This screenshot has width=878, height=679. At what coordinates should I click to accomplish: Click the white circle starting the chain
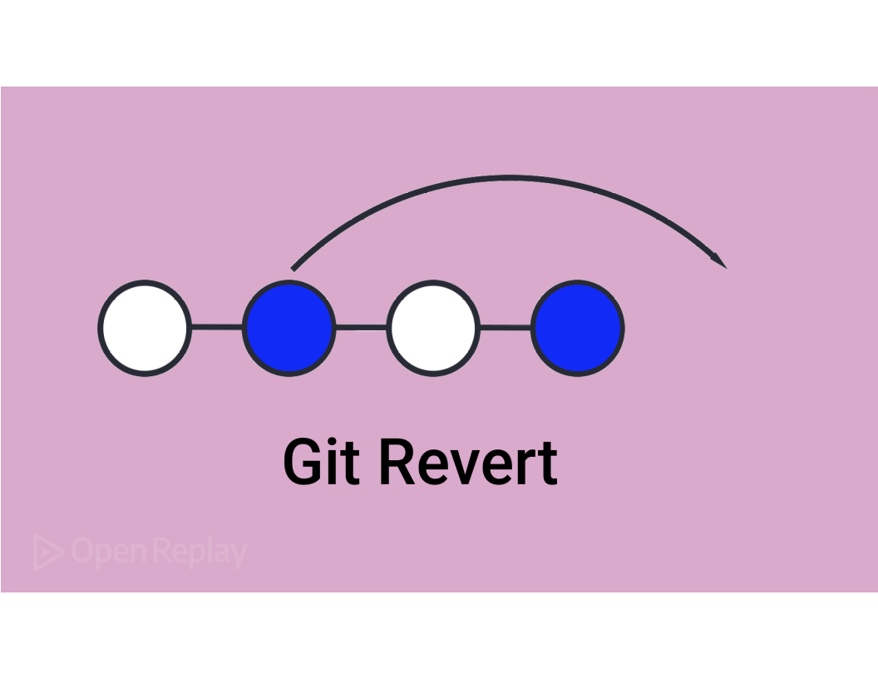click(145, 328)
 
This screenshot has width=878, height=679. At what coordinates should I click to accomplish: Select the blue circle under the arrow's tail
click(289, 328)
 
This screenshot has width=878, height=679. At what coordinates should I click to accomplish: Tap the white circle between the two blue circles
click(433, 328)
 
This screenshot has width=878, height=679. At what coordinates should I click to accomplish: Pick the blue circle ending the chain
click(578, 328)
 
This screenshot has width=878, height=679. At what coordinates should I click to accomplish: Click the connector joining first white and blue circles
click(217, 328)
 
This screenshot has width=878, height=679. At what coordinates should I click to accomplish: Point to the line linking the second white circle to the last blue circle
click(506, 328)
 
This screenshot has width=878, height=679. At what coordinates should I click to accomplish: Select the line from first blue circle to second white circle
click(361, 328)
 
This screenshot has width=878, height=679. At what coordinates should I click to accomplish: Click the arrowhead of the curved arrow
click(720, 260)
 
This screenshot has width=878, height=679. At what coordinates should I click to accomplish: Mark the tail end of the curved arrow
click(293, 268)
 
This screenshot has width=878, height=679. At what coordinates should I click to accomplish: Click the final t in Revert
click(547, 464)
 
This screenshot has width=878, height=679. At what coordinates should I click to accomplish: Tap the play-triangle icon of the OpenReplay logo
click(48, 553)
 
